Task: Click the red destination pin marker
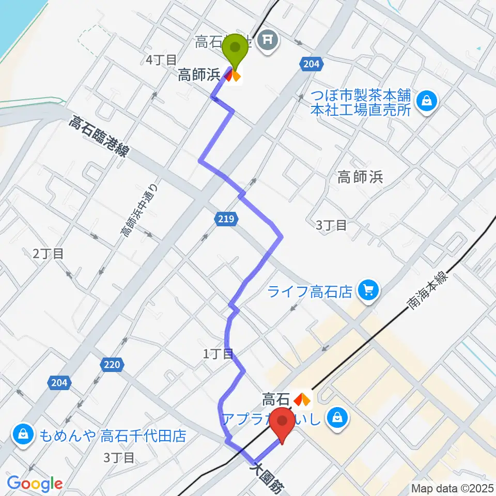284,423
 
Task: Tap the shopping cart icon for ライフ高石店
368,291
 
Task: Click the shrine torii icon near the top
268,37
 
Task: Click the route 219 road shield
227,220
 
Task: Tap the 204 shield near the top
311,64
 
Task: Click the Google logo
35,484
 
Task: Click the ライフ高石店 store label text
310,292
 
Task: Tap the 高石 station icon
302,399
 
